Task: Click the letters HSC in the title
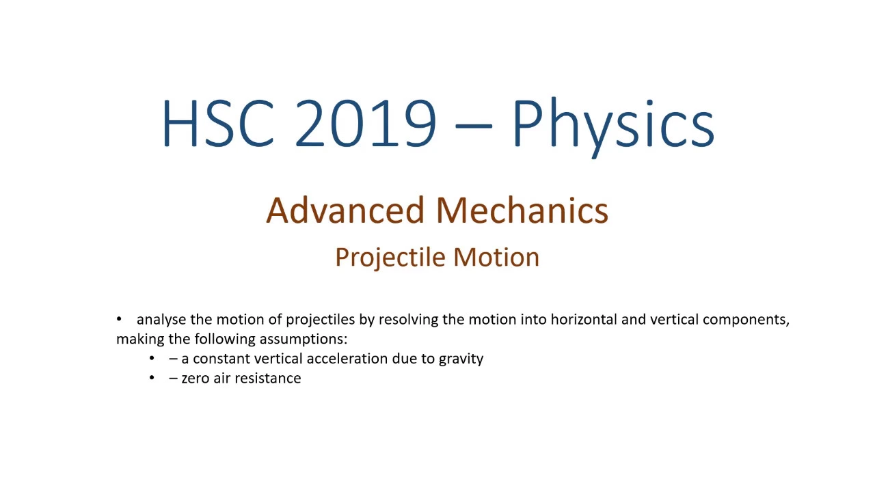(218, 123)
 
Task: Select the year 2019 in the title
(366, 123)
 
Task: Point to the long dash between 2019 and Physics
(474, 126)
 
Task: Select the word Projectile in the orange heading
(390, 258)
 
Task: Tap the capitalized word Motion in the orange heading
(496, 258)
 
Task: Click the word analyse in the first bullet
(161, 320)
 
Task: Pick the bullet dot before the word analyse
(119, 319)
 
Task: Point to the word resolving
(409, 320)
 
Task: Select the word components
(746, 320)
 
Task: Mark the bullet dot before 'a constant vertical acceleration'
(152, 358)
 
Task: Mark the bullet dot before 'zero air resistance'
(152, 378)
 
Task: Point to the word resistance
(268, 378)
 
